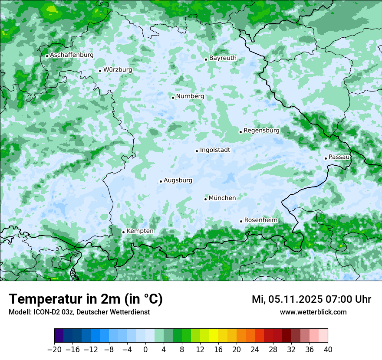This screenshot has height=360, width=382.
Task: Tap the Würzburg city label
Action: click(x=118, y=69)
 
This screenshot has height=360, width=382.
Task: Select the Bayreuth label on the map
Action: click(x=223, y=58)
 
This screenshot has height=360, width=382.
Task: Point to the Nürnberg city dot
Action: click(x=173, y=98)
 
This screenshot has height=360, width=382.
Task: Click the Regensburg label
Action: click(x=261, y=130)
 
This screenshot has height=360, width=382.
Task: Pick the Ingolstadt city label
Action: click(x=215, y=150)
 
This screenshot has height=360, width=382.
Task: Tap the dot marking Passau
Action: click(x=326, y=158)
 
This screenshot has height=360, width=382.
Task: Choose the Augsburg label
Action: click(x=178, y=180)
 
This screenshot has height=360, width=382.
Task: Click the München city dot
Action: click(x=205, y=199)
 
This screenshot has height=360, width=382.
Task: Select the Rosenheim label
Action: click(x=261, y=220)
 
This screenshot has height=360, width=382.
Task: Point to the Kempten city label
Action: click(x=140, y=231)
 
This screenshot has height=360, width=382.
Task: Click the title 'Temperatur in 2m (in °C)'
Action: click(x=86, y=299)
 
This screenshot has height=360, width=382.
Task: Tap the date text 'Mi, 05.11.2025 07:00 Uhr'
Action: click(x=311, y=299)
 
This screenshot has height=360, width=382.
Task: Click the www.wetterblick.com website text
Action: click(x=313, y=312)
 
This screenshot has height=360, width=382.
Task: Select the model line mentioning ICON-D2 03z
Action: click(x=79, y=312)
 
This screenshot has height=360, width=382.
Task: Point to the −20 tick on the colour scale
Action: click(x=55, y=350)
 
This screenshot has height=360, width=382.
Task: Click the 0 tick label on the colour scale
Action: click(x=145, y=350)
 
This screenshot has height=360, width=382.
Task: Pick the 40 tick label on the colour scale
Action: click(x=328, y=350)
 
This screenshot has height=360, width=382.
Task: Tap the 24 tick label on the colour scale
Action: click(x=255, y=350)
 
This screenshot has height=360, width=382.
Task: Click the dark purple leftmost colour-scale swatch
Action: click(x=59, y=336)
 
